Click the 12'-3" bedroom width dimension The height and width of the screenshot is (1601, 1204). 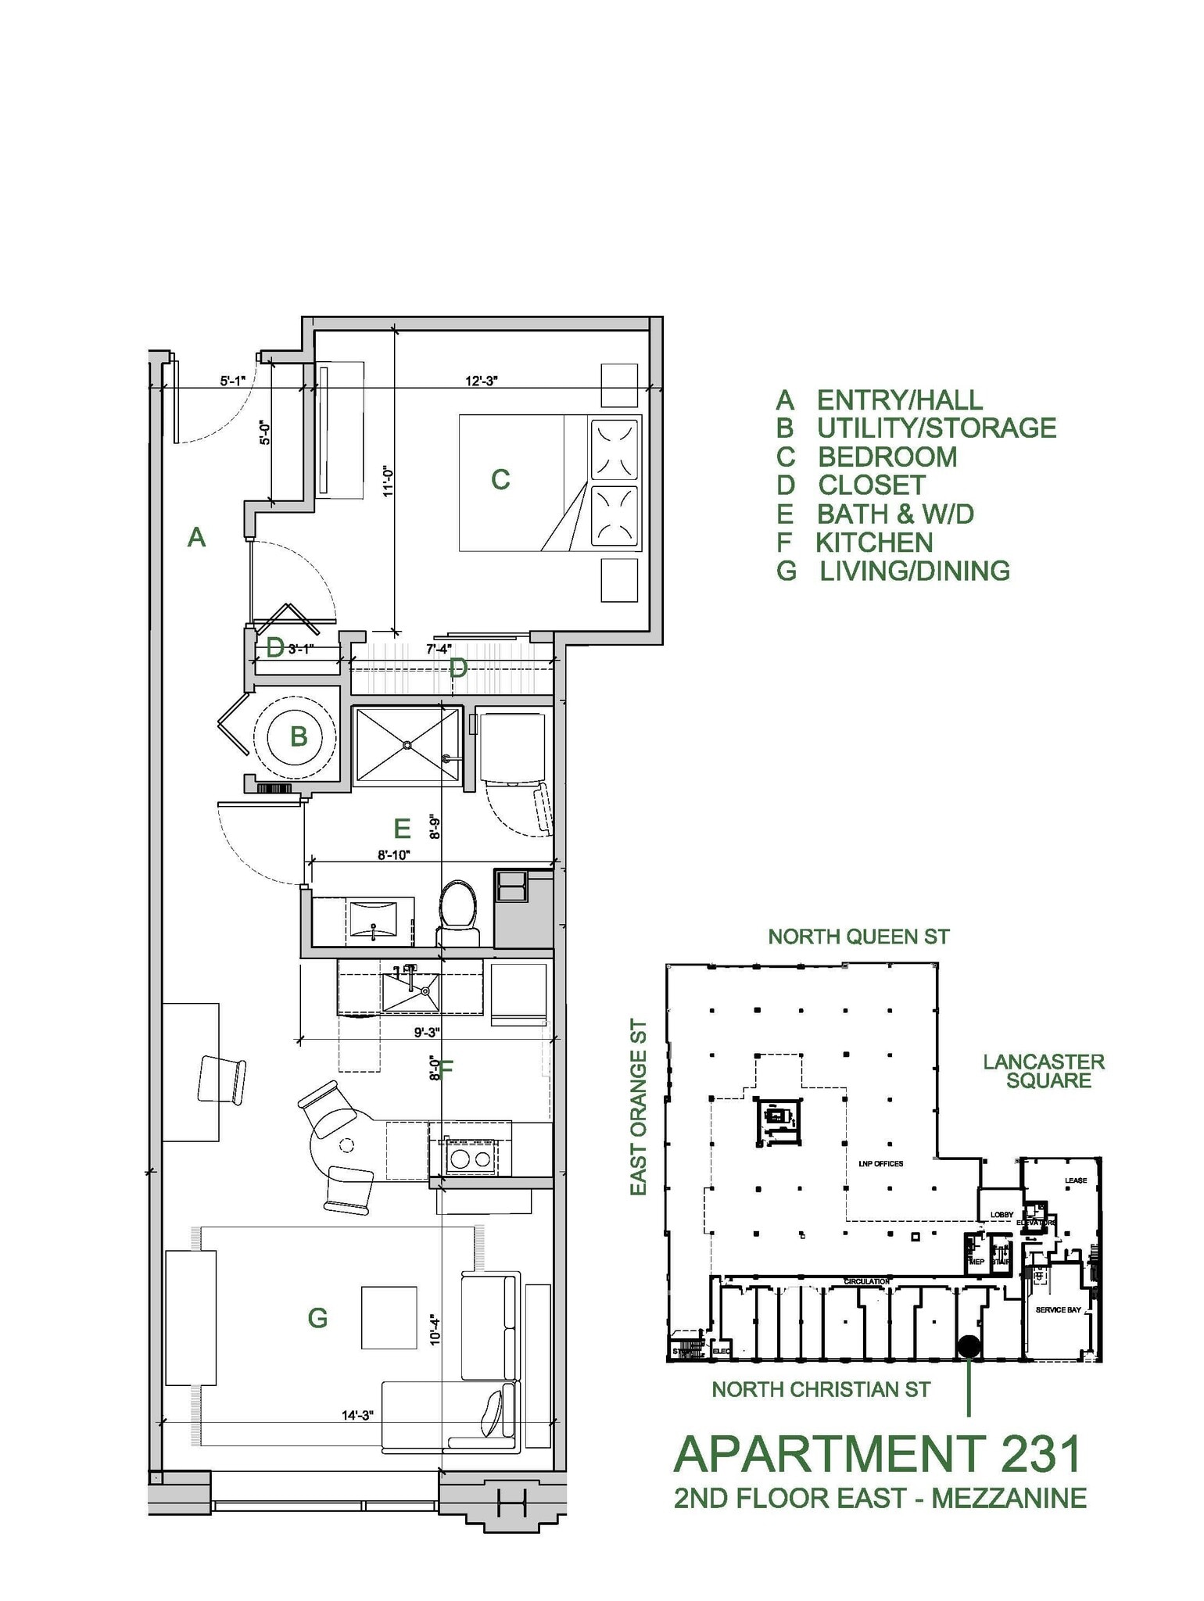481,381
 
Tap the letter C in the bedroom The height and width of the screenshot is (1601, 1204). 500,479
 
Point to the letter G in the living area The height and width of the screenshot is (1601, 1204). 317,1319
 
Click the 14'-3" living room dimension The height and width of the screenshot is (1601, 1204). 357,1414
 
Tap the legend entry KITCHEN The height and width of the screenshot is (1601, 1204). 874,543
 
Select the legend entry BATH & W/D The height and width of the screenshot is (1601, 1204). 895,514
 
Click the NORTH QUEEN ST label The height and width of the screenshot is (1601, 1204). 858,937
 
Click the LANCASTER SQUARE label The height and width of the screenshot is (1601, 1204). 1044,1071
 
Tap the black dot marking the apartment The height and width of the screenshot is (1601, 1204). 969,1346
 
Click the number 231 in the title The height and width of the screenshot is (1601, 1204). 1034,1454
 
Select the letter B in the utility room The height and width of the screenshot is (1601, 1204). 299,736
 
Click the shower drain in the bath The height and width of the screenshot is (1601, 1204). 407,745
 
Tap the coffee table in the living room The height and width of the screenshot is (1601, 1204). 389,1317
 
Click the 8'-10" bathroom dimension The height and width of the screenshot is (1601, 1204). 394,855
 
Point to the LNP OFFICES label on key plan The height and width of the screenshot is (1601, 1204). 880,1164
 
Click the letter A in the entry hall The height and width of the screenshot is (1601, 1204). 196,538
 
